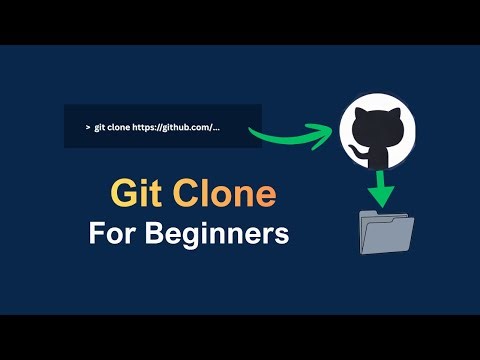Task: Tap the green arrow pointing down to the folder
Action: tap(382, 189)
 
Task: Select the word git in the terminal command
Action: tap(101, 128)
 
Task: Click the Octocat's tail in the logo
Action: tap(358, 151)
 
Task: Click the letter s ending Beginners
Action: tap(283, 236)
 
